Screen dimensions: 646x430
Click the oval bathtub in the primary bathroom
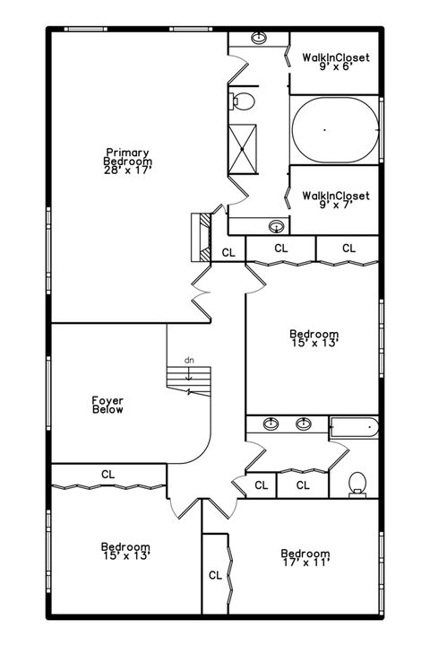click(335, 131)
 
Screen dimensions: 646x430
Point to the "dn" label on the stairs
click(189, 360)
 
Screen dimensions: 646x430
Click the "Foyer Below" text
click(107, 405)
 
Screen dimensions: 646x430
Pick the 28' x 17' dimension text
click(127, 169)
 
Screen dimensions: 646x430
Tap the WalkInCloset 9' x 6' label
click(335, 61)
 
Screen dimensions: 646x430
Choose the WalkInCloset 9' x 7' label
click(335, 199)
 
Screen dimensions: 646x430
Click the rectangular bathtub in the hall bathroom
click(354, 427)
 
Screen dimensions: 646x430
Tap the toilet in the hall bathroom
click(358, 483)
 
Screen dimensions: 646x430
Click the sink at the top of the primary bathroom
click(259, 39)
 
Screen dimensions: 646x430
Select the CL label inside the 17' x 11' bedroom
click(215, 575)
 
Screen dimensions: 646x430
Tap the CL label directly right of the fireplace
click(228, 252)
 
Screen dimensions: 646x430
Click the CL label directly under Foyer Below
click(107, 474)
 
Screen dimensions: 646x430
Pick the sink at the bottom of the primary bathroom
click(277, 226)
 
